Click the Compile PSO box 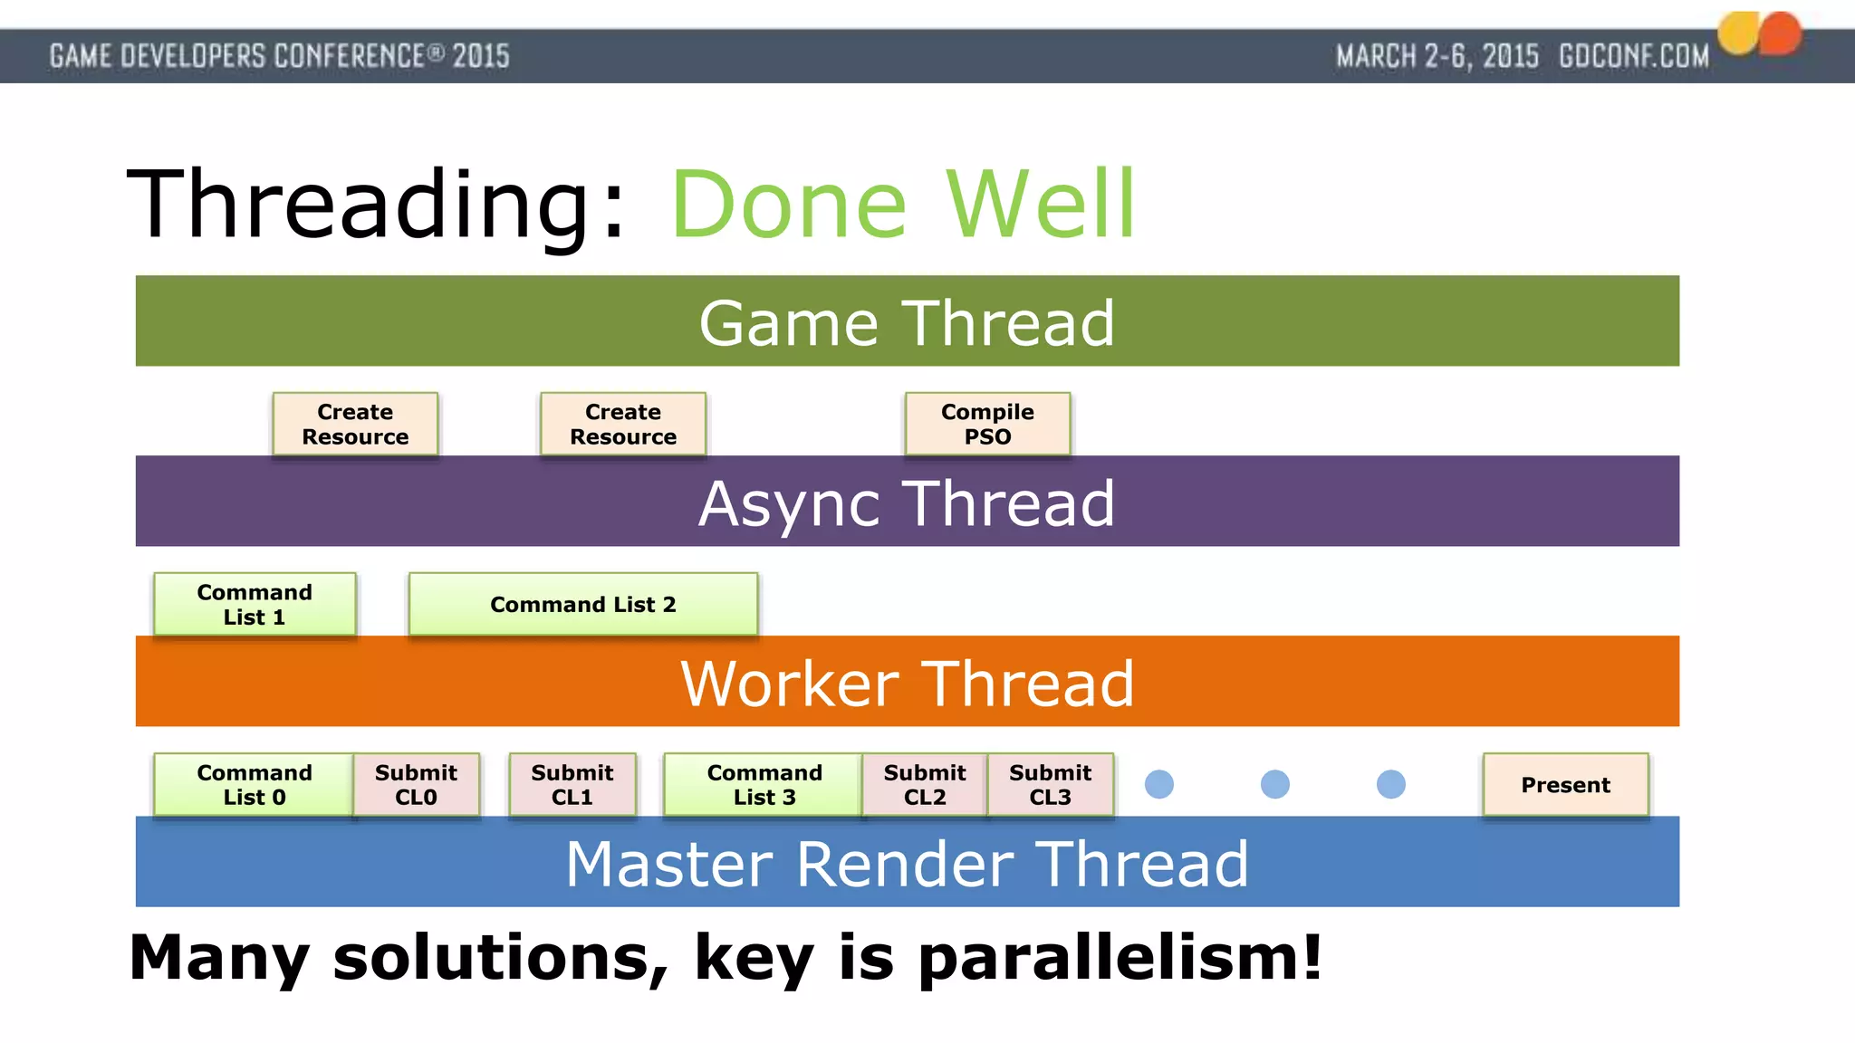[x=987, y=424]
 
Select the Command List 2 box [x=582, y=604]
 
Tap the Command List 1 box [x=255, y=604]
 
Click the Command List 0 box [x=254, y=784]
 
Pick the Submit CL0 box [x=416, y=784]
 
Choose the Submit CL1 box [x=572, y=784]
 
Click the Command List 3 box [x=764, y=784]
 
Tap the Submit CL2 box [x=924, y=784]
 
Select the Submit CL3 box [x=1050, y=784]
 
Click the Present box [x=1565, y=784]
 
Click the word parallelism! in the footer [x=1120, y=958]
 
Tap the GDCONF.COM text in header [x=1633, y=56]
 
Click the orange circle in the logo [x=1781, y=33]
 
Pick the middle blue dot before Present [x=1274, y=784]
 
